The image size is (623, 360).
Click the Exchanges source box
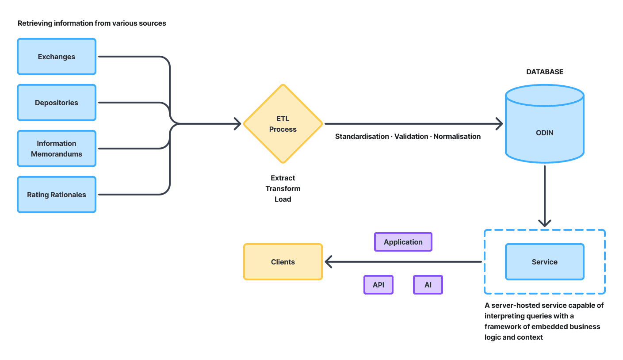[57, 57]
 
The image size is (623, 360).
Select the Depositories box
[57, 103]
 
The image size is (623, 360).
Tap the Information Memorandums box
[57, 149]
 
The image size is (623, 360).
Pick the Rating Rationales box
[57, 195]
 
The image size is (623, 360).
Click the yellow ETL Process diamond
[283, 124]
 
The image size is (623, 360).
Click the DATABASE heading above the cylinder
[544, 72]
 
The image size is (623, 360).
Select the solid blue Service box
[544, 262]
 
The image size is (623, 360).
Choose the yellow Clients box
[283, 262]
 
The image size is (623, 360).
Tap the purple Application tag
[403, 242]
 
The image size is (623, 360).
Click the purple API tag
[378, 285]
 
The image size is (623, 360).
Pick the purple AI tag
[428, 285]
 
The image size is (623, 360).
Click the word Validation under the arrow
[411, 136]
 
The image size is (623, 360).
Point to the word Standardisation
[362, 136]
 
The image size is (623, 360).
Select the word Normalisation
[457, 136]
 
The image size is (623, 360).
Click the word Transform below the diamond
[283, 188]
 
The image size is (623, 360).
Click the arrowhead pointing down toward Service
[544, 222]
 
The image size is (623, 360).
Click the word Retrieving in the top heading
[35, 23]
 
